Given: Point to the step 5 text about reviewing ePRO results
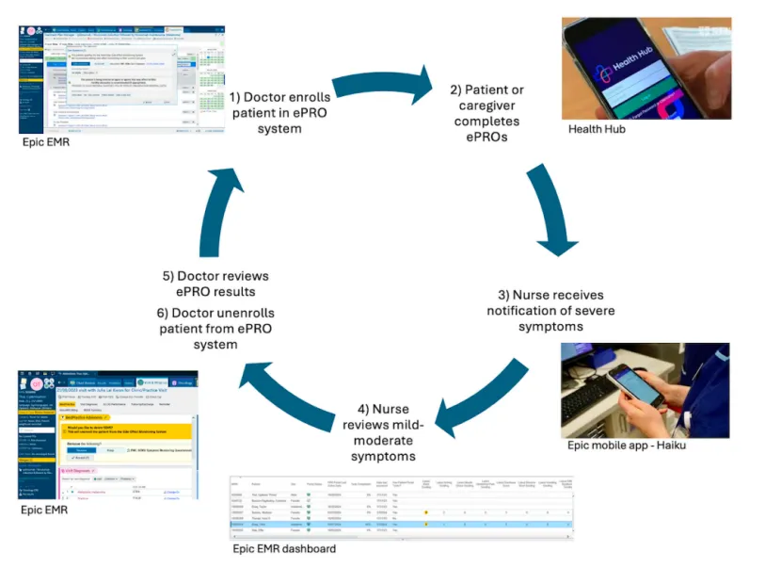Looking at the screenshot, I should (215, 284).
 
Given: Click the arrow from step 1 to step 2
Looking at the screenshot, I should (380, 88).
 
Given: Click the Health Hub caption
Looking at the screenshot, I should (597, 128).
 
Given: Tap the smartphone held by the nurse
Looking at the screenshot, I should (629, 384).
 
